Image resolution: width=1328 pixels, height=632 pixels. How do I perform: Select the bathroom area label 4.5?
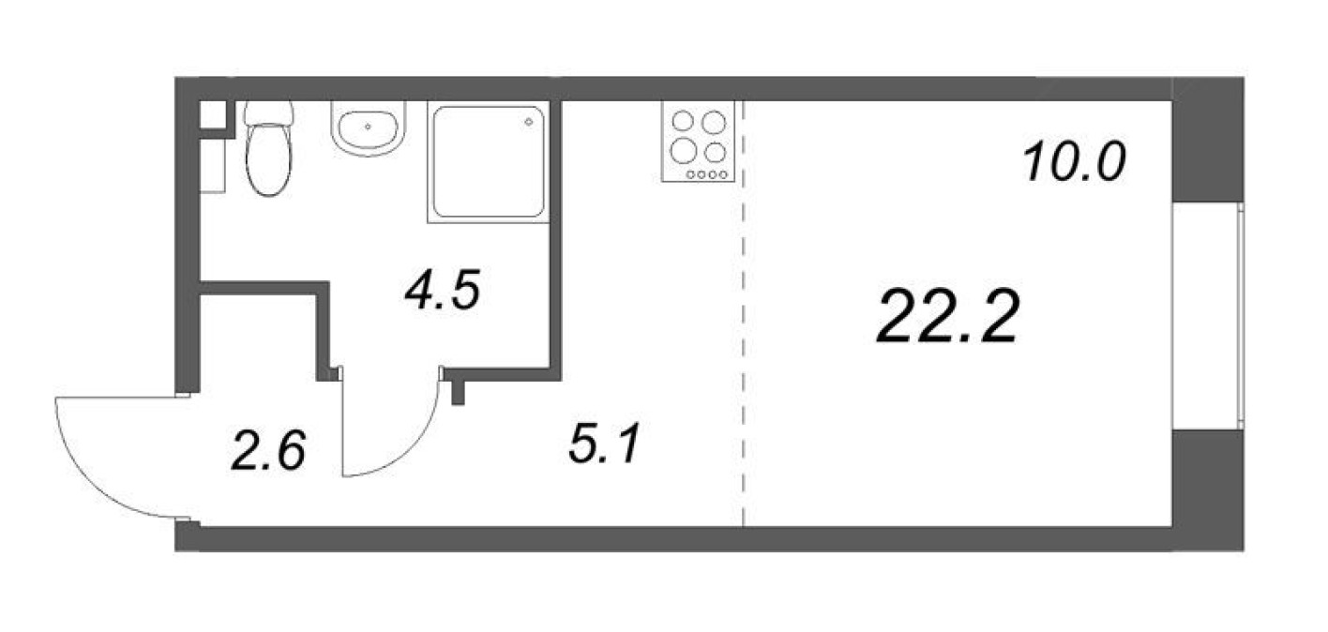[x=442, y=292]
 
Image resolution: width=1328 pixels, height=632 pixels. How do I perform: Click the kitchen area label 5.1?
[x=603, y=443]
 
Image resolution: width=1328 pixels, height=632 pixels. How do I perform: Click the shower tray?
[x=487, y=161]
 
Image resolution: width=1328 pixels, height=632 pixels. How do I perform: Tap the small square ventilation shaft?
[x=213, y=113]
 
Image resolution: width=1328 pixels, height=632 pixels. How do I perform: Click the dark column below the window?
[x=1208, y=489]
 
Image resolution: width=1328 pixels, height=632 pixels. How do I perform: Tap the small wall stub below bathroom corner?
[x=458, y=391]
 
